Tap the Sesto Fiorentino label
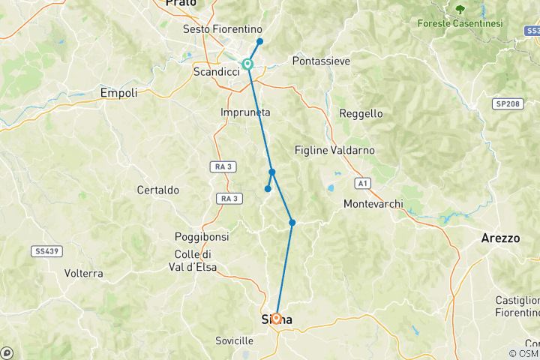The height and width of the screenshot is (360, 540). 217,29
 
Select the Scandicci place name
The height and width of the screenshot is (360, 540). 216,71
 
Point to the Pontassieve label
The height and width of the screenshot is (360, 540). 321,61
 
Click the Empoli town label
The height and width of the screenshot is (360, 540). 118,93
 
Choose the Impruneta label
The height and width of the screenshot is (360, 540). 245,112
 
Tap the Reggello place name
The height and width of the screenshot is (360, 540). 361,113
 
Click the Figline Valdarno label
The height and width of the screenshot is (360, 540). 334,150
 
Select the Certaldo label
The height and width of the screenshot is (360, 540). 157,190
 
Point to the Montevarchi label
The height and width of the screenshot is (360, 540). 373,204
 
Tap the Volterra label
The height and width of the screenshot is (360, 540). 83,273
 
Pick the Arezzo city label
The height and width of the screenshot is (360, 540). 500,238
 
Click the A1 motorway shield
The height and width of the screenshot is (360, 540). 364,182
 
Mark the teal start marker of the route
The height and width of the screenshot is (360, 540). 247,64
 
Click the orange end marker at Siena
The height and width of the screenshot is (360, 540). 276,318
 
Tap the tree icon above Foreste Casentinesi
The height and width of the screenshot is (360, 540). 460,9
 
